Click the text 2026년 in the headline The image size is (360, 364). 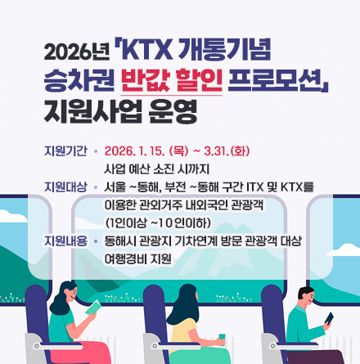(77, 52)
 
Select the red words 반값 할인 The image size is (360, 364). (172, 81)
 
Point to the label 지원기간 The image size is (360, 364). (65, 151)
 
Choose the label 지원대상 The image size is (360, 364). (65, 187)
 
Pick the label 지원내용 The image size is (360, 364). (65, 241)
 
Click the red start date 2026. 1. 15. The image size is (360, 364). (134, 151)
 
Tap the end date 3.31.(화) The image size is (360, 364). (227, 151)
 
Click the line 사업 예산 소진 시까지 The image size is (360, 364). (157, 169)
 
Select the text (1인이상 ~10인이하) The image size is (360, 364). (158, 223)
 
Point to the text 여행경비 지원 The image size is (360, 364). (138, 259)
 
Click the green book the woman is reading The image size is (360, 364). (93, 308)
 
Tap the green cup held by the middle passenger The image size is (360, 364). (222, 339)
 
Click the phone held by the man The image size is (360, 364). (329, 318)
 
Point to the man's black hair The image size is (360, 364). (305, 292)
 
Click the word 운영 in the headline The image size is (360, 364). (173, 112)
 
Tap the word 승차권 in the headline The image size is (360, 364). (79, 81)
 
